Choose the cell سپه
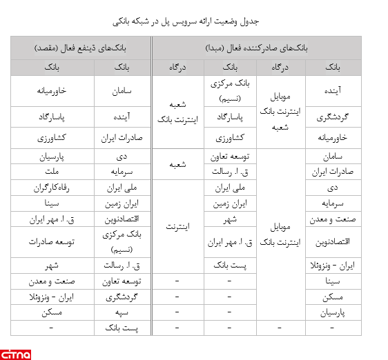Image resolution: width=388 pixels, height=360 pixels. [x=125, y=312]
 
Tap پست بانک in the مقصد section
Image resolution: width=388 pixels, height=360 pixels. [x=125, y=328]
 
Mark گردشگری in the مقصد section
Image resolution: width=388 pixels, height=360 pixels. [x=125, y=297]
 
